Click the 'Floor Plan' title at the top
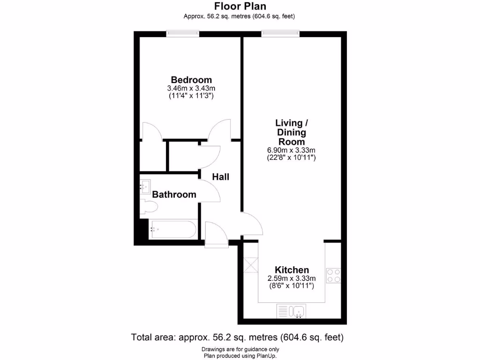coord(240,6)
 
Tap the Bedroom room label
coord(191,80)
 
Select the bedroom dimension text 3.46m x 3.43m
coord(191,88)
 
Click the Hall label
coord(221,177)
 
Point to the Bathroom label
coord(174,195)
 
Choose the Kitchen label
coord(292,270)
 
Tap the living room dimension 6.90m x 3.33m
coord(291,150)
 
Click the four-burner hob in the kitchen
coord(333,275)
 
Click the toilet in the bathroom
coord(149,206)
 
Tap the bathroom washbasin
coord(145,187)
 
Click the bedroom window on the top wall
coord(183,33)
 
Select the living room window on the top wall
coord(280,33)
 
